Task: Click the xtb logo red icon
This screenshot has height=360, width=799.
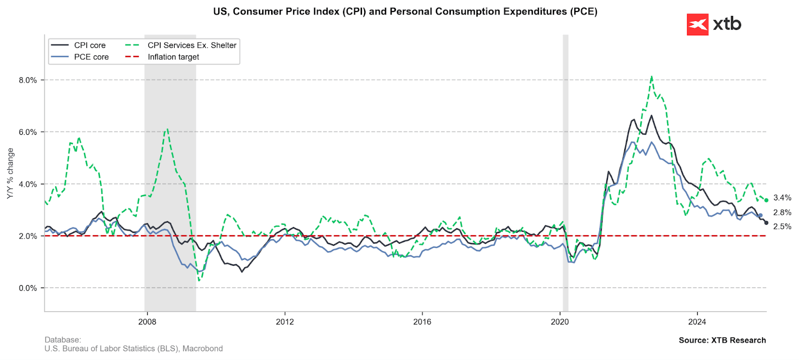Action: point(697,24)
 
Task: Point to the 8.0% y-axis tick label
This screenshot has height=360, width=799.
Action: point(28,80)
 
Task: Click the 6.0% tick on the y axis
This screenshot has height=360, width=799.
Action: point(28,132)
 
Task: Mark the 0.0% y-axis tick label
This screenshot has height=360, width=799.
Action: point(28,288)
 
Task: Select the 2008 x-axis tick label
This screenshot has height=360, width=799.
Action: point(147,322)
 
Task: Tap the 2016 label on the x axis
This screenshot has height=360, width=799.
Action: point(422,322)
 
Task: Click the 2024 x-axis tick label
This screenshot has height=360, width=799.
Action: point(697,322)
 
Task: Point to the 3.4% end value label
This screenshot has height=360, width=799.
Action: point(782,198)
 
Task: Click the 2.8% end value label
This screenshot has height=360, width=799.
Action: point(782,213)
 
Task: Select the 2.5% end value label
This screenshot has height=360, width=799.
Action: point(782,227)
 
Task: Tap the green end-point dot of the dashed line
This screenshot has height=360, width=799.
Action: point(766,200)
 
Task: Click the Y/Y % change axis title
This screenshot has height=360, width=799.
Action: point(10,174)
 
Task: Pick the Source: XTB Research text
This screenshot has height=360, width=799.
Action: point(722,340)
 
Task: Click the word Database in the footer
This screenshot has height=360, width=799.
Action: point(62,340)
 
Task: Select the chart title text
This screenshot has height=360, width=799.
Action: point(405,11)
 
